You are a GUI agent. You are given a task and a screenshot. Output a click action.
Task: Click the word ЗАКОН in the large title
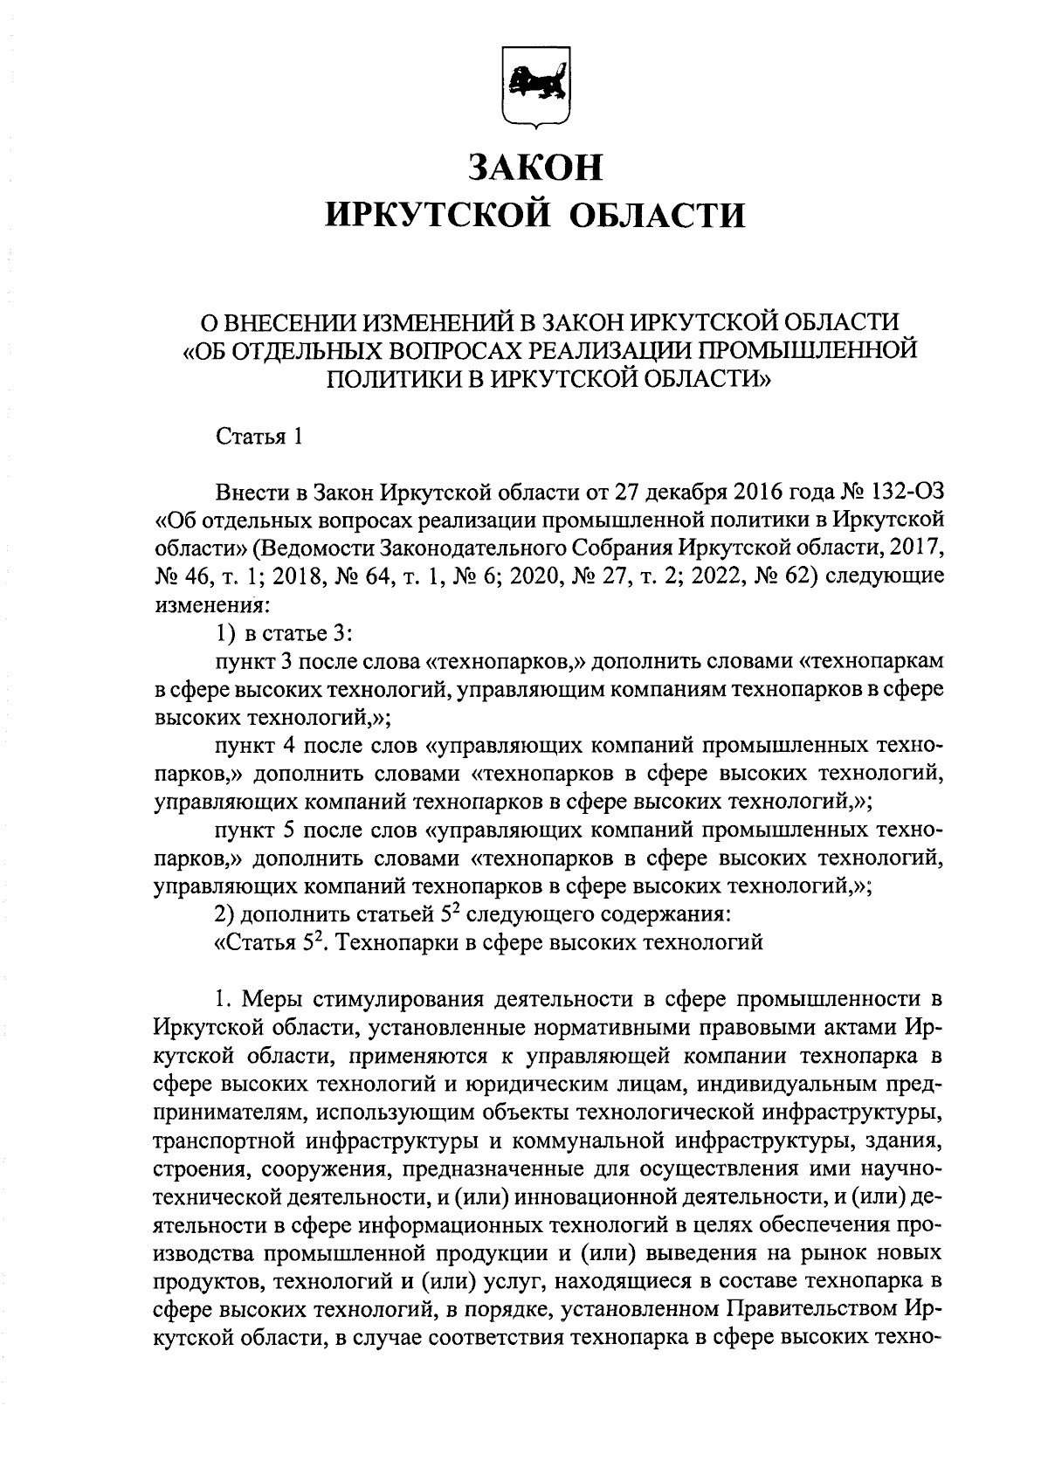coord(535,167)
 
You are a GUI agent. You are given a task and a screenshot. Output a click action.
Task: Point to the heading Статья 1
coord(259,437)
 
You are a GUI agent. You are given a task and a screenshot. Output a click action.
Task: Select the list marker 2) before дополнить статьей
coord(225,914)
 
